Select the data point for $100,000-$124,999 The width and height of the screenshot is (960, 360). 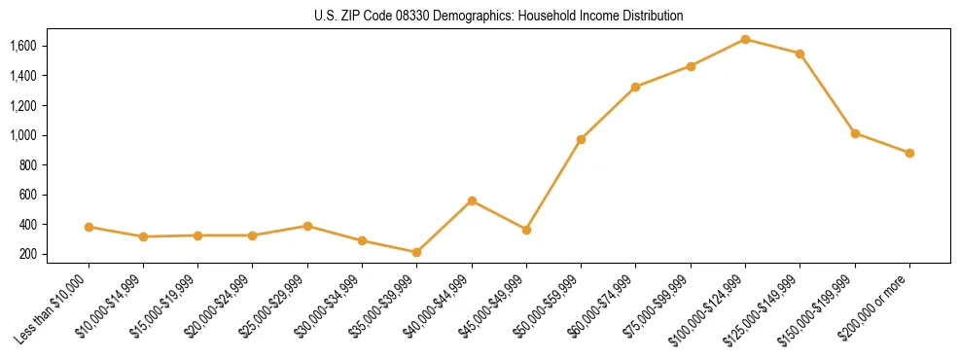point(745,39)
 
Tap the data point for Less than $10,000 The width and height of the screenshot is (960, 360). point(89,227)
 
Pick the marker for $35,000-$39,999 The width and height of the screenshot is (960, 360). point(416,252)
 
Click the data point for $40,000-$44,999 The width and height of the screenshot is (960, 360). point(472,200)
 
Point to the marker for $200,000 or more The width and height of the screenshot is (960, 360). point(909,153)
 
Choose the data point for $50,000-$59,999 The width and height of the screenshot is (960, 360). point(581,139)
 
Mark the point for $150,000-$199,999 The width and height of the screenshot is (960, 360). point(855,133)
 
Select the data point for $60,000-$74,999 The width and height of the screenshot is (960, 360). point(635,87)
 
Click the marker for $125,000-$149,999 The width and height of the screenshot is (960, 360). point(800,54)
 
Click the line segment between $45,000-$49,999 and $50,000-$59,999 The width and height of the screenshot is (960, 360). point(553,185)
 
